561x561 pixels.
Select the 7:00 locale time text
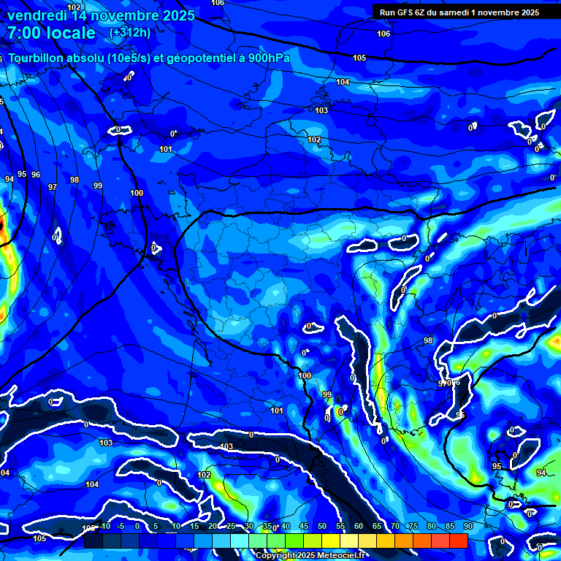[51, 33]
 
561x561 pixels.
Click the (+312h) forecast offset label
[130, 33]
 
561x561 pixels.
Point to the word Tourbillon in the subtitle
[36, 58]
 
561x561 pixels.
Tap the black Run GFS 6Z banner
[459, 12]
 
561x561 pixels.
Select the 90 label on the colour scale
[467, 527]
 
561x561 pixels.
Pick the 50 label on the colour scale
[321, 527]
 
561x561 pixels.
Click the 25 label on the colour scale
[230, 527]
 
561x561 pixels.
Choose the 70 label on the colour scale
[394, 527]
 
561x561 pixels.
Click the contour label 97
[52, 187]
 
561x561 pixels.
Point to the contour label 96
[36, 175]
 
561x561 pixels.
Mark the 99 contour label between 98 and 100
[97, 186]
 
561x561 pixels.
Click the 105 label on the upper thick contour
[359, 58]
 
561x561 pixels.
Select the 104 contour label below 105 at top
[343, 82]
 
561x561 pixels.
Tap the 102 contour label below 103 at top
[314, 140]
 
